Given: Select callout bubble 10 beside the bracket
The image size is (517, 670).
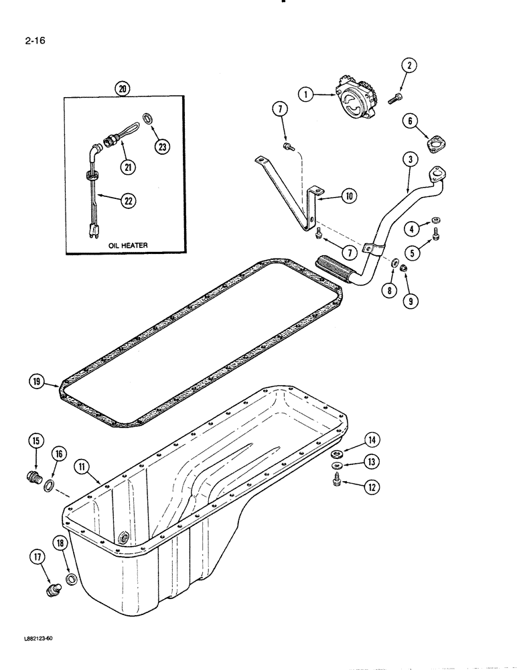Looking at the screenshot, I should [x=348, y=196].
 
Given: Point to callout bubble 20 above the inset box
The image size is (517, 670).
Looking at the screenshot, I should [x=123, y=88].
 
